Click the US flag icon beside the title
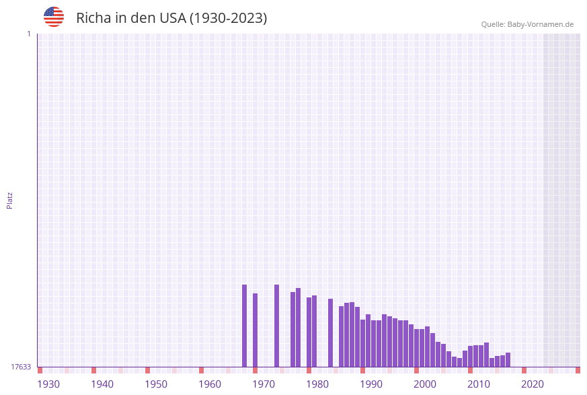point(54,17)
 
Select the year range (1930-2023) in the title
point(229,18)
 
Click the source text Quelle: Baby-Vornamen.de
point(527,24)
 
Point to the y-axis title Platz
point(10,200)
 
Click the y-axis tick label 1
point(28,34)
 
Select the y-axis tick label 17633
point(21,367)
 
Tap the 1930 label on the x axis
point(48,384)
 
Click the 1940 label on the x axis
point(102,384)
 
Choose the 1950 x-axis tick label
point(156,384)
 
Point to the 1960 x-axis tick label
point(210,384)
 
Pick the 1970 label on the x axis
point(264,384)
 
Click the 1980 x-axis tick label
point(317,384)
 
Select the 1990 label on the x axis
point(371,384)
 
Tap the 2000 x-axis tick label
point(425,384)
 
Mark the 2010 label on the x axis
point(479,384)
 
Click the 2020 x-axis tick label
point(533,384)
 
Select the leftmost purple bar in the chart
point(244,326)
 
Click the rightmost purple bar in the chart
point(508,360)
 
